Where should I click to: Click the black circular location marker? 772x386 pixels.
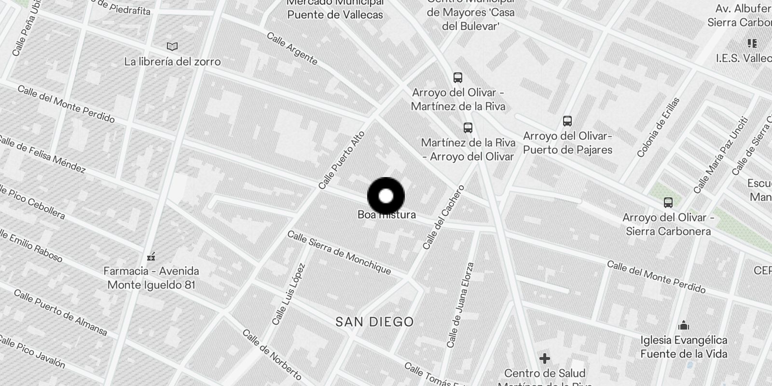pos(386,196)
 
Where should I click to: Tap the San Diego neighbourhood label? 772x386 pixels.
pos(374,322)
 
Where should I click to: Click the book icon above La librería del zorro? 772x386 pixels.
pos(172,47)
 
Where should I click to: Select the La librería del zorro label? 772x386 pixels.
pos(172,62)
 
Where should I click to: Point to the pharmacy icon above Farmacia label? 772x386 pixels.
pos(151,256)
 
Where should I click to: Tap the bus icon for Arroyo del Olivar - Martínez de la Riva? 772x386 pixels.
pos(457,77)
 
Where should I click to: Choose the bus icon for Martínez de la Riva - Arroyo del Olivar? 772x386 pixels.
pos(468,128)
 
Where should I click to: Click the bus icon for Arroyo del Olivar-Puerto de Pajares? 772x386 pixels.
pos(567,121)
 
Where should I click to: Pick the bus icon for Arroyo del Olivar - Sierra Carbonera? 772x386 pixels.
pos(668,203)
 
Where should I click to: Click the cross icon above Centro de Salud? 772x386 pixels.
pos(545,358)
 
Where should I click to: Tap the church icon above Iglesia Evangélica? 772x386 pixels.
pos(683,325)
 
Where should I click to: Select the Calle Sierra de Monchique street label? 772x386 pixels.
pos(339,252)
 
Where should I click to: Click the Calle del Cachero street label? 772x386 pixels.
pos(443,217)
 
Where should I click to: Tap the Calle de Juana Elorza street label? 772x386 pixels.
pos(461,305)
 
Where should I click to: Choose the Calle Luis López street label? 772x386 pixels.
pos(289,294)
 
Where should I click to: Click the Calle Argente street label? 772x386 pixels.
pos(292,49)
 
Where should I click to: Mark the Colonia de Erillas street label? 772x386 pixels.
pos(658,127)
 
